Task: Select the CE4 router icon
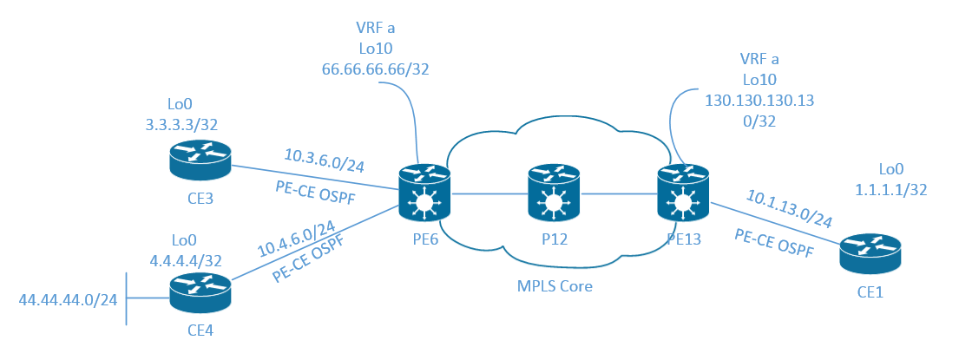click(200, 292)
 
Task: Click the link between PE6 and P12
click(489, 194)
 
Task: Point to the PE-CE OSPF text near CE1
click(774, 244)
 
